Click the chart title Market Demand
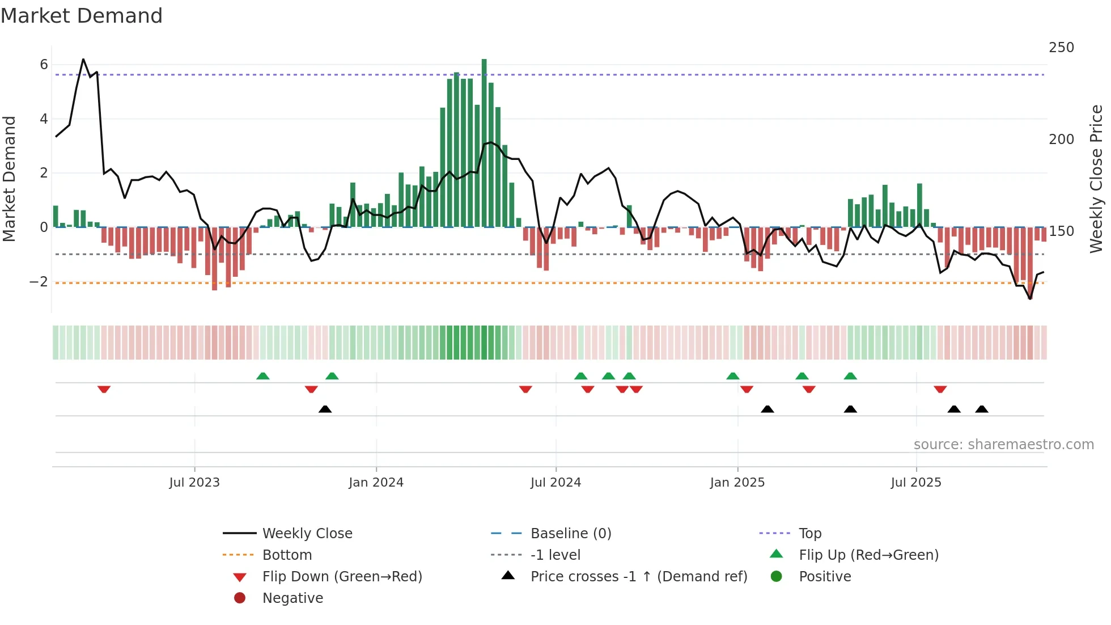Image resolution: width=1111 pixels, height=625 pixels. click(x=82, y=16)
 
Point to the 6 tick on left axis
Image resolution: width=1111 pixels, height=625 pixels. click(x=44, y=65)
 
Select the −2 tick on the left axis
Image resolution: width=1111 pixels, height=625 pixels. click(x=39, y=282)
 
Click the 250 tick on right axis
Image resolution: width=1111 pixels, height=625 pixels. click(x=1061, y=48)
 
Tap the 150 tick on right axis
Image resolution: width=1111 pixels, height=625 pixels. click(x=1061, y=231)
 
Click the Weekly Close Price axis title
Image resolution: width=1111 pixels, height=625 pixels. click(x=1096, y=179)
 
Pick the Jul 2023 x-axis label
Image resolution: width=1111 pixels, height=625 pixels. click(x=194, y=483)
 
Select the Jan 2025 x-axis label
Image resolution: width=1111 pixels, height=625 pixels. click(x=737, y=483)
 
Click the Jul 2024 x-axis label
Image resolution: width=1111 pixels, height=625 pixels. click(x=555, y=483)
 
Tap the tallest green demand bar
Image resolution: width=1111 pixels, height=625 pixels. click(x=484, y=142)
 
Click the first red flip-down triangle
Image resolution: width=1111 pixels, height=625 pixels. click(x=104, y=389)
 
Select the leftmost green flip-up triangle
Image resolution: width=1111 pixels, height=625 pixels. click(x=263, y=376)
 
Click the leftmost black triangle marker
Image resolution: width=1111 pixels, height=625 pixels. click(x=325, y=409)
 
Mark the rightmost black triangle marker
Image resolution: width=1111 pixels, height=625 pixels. click(x=982, y=409)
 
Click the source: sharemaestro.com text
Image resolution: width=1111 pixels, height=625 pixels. click(x=1003, y=445)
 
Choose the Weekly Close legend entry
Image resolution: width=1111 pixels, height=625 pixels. click(x=307, y=534)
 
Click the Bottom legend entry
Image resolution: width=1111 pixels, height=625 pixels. click(x=287, y=555)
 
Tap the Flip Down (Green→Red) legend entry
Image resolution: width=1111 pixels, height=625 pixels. click(x=342, y=577)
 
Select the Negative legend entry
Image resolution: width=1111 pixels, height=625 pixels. click(x=292, y=598)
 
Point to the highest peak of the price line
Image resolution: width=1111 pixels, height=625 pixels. click(x=83, y=59)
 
